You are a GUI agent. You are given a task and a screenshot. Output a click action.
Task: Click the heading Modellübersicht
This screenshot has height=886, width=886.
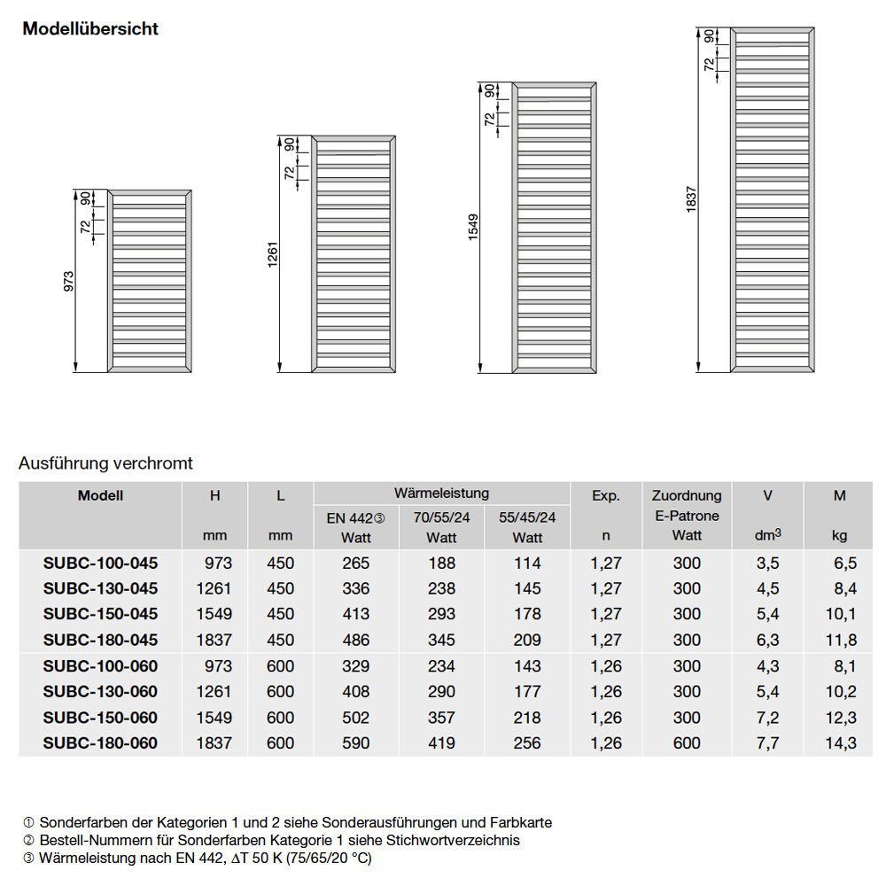pos(90,28)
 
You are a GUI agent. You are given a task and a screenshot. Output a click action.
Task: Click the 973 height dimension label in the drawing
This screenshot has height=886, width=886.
pos(68,281)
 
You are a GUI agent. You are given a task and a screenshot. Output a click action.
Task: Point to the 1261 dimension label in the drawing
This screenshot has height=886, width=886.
pos(273,254)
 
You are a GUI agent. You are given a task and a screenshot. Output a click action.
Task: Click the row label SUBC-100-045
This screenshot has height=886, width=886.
pos(100,563)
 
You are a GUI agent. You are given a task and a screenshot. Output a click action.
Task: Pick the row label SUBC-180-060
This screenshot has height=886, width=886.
pos(100,743)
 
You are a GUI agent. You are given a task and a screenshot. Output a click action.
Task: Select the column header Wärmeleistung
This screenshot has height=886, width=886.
pos(441,494)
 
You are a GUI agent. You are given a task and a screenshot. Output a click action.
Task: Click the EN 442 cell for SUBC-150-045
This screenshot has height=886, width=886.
pos(355,614)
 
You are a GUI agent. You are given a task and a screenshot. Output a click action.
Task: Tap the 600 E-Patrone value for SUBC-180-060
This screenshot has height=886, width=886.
pos(687,743)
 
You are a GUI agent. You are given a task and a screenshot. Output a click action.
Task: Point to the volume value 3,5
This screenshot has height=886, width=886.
pos(767,563)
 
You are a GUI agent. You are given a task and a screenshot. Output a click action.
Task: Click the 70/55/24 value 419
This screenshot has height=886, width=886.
pos(440,743)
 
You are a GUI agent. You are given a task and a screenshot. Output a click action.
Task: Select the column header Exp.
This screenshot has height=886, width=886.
pos(606,495)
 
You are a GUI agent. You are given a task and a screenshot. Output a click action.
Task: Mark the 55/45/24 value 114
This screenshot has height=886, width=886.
pos(527,563)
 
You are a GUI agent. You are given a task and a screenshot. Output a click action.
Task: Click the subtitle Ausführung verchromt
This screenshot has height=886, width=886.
pos(105,462)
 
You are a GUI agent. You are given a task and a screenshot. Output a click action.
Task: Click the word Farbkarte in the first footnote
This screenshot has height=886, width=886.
pos(522,823)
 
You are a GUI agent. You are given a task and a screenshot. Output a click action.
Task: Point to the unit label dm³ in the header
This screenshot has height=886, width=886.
pos(767,534)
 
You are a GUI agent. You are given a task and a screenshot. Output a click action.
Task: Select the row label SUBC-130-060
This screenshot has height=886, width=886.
pos(100,691)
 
